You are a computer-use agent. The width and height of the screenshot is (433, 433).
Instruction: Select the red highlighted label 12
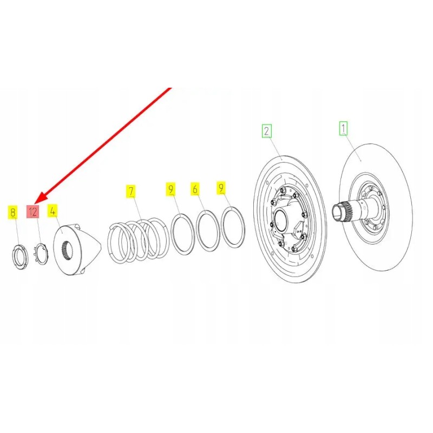coord(33,212)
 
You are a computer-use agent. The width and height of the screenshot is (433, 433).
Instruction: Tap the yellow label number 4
coord(53,211)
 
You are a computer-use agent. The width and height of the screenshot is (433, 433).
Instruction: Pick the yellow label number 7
coord(130,191)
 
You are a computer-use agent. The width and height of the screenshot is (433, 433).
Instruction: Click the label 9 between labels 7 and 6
coord(170,189)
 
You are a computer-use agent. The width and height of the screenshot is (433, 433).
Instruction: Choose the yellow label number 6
coord(195,189)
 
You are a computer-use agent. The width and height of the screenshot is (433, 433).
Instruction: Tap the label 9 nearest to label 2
coord(221,188)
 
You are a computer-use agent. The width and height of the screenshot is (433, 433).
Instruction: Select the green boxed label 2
coord(266,130)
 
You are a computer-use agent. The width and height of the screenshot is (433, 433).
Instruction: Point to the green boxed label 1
coord(344,129)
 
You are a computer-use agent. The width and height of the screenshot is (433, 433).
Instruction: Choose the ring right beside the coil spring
coord(183,234)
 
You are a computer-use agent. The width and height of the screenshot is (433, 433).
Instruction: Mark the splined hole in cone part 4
coord(67,250)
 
